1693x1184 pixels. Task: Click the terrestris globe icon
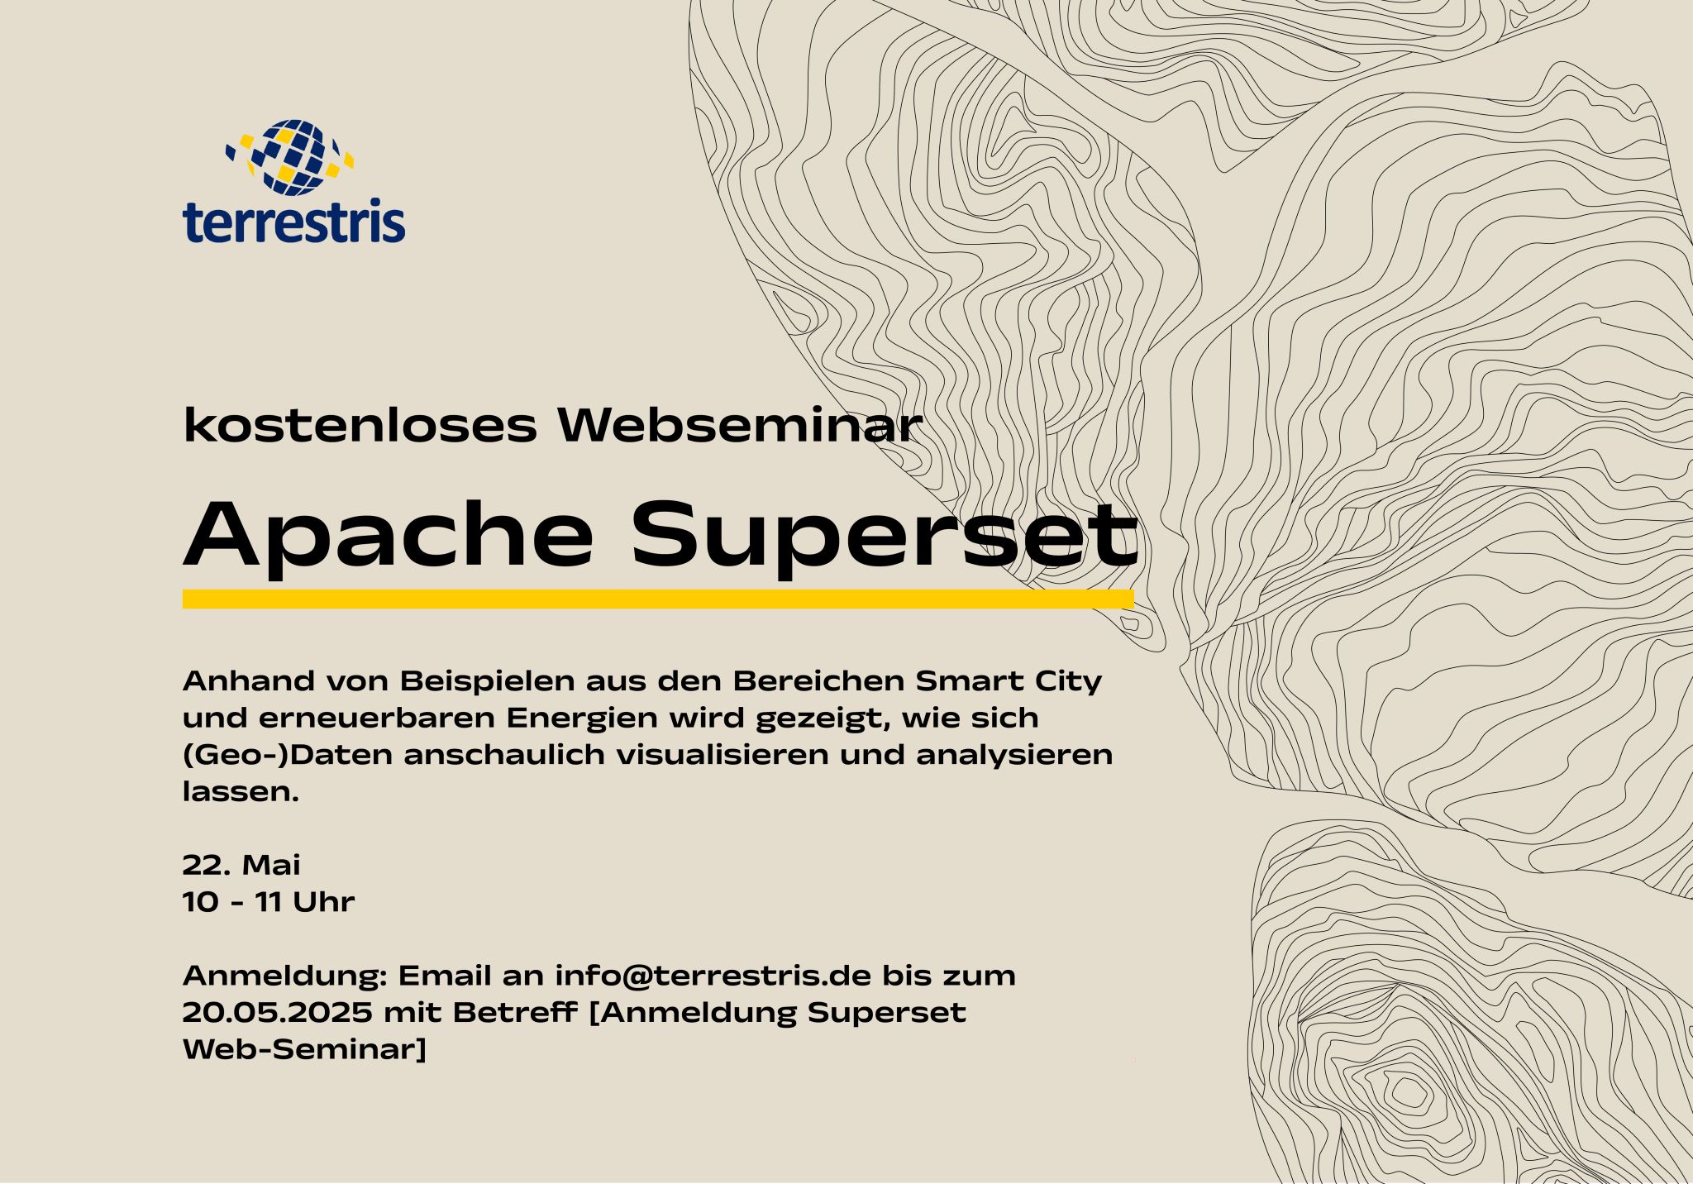290,157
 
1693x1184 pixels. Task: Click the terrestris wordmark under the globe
293,221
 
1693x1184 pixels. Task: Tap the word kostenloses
360,425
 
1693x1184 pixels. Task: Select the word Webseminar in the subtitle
739,425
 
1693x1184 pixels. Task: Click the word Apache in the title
389,535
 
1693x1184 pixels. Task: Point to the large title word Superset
885,535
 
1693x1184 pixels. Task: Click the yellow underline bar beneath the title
657,599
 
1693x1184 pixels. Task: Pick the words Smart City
1009,681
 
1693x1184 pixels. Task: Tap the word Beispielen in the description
488,681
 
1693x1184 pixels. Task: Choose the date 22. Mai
241,865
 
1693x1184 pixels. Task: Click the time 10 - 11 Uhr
269,901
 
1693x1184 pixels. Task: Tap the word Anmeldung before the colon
282,976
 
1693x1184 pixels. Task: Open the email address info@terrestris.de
713,976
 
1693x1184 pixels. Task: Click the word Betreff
514,1012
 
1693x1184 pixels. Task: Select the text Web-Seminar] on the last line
304,1049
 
